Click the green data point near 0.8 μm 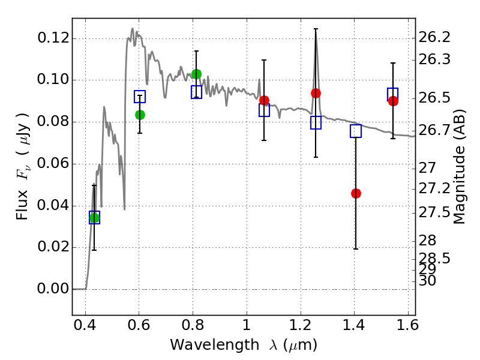196,74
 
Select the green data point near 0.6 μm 140,115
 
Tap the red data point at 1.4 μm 356,193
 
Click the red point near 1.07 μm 264,100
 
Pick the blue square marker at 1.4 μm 356,131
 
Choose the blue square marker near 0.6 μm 140,97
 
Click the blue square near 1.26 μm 316,122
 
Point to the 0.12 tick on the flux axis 53,39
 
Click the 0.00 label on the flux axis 53,289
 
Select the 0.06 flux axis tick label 53,164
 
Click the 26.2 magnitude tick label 434,38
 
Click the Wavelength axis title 243,345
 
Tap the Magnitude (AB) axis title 460,167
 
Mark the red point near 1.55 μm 393,101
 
